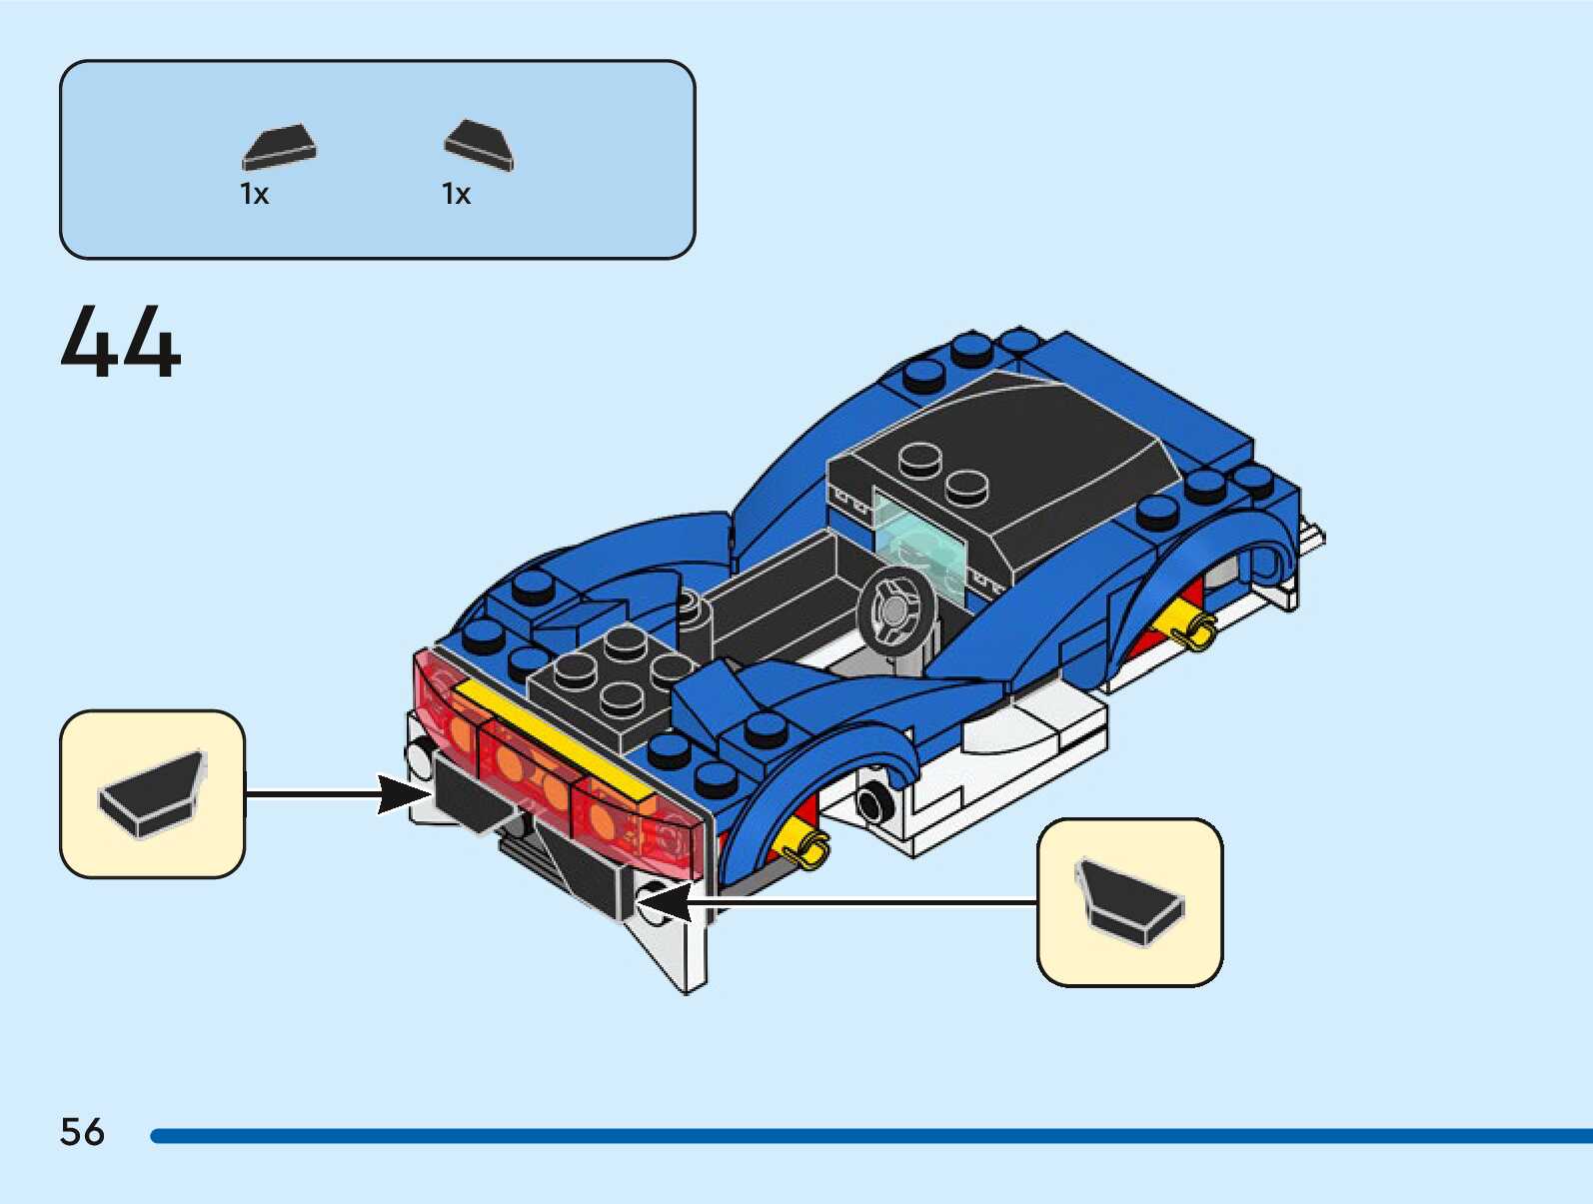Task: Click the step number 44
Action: (121, 342)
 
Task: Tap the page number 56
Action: (82, 1132)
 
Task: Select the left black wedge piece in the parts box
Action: (279, 148)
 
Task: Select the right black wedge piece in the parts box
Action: (479, 145)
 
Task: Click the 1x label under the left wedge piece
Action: (255, 194)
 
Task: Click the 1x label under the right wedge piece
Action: (456, 194)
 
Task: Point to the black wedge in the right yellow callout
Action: (1129, 900)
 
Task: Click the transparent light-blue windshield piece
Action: (919, 535)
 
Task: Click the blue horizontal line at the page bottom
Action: (869, 1135)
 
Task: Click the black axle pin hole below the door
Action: (874, 800)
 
